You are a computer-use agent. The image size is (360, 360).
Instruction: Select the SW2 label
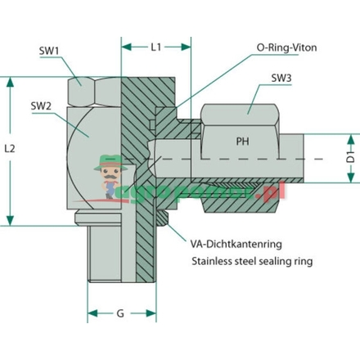(x=39, y=105)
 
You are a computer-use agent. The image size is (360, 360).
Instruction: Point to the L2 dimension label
(x=10, y=150)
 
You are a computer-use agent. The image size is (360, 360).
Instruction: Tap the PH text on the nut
(x=243, y=140)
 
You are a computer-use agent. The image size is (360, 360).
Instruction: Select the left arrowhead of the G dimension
(x=91, y=313)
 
